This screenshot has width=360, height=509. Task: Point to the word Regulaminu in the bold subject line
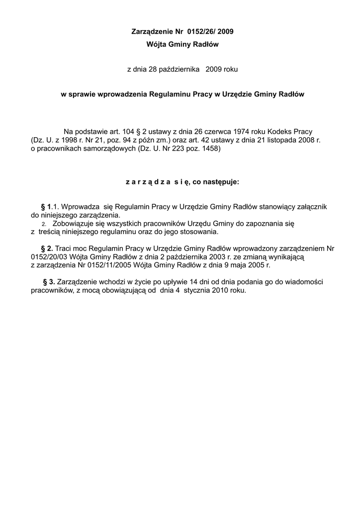(x=172, y=94)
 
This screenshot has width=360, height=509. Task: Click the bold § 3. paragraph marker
(x=50, y=282)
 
